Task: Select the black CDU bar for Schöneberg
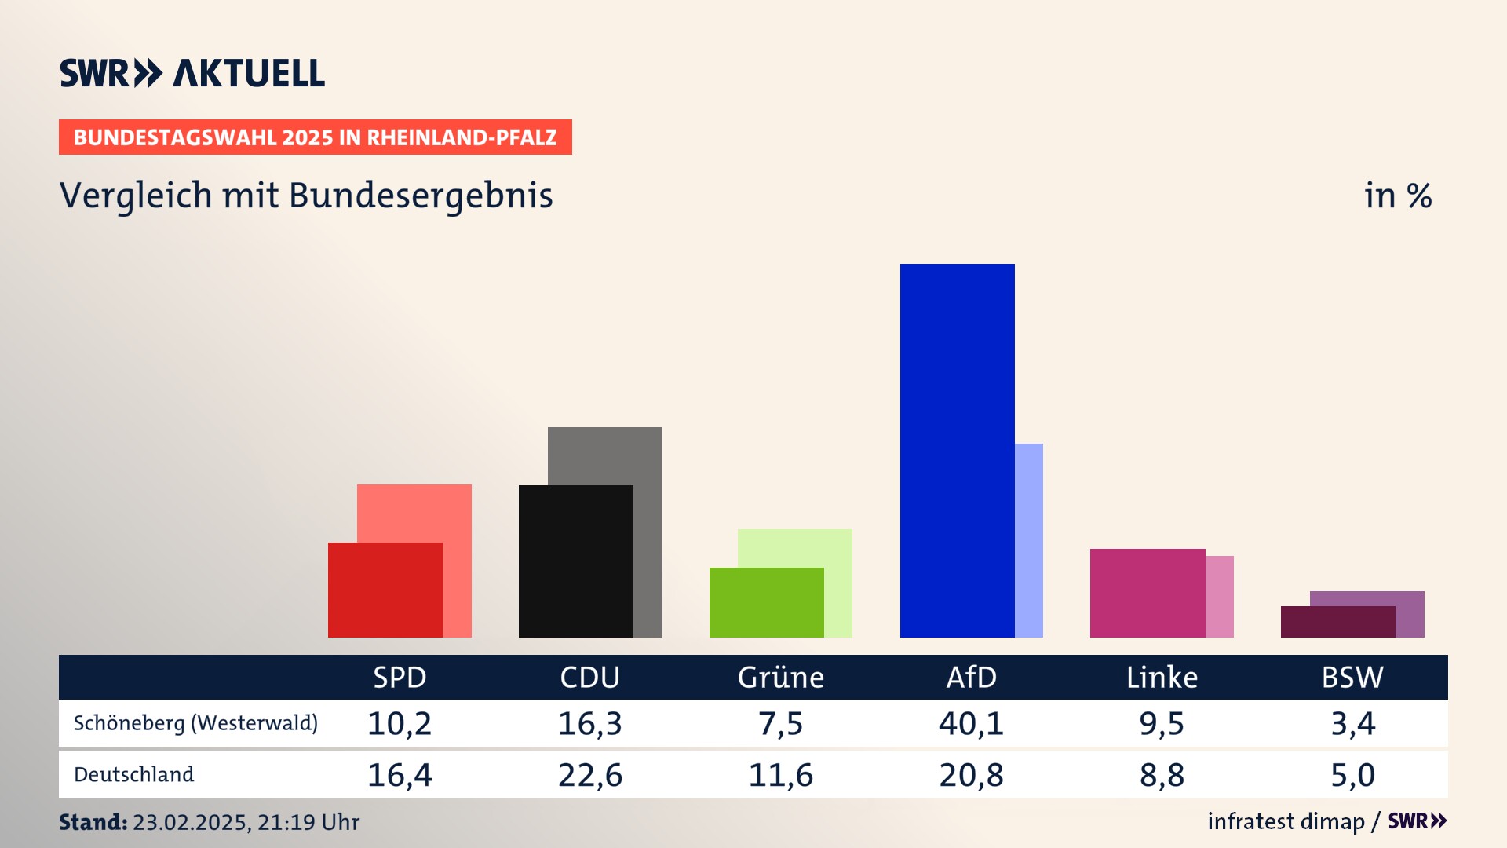[575, 561]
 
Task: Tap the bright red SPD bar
[385, 590]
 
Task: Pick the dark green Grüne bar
[766, 602]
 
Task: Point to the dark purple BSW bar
[1337, 622]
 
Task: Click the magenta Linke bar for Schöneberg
[1148, 593]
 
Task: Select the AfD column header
[971, 677]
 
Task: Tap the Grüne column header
[780, 677]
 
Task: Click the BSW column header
[1352, 677]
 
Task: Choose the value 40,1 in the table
[971, 723]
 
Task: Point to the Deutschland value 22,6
[590, 775]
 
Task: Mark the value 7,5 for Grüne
[780, 723]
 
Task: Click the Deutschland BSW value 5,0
[1352, 775]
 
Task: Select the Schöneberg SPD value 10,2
[400, 723]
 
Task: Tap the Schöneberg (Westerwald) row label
[195, 723]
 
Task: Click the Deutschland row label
[133, 775]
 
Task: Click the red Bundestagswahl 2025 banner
[315, 137]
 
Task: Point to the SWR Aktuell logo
[192, 73]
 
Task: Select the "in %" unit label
[1397, 196]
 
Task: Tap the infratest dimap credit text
[1286, 821]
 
